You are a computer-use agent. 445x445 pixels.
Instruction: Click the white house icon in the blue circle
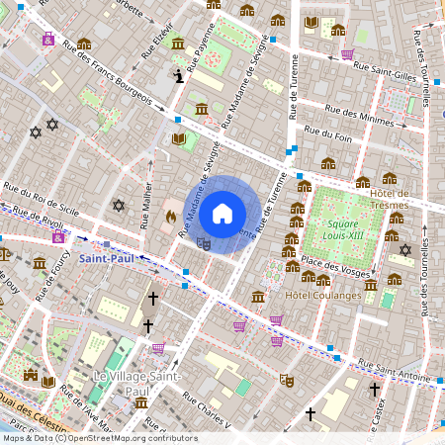pos(222,212)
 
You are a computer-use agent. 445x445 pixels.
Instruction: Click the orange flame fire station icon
pos(170,215)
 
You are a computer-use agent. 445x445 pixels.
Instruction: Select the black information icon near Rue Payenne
pos(178,75)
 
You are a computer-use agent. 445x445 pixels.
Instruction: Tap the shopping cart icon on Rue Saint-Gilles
pos(347,55)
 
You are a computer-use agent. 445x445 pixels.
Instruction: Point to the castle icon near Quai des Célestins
pos(30,376)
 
